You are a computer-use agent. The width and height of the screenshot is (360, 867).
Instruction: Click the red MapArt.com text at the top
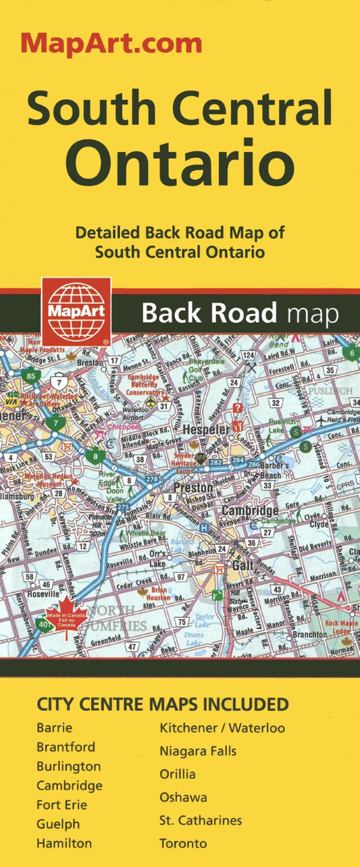pos(111,43)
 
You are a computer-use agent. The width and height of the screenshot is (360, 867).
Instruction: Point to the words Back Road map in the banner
pos(240,313)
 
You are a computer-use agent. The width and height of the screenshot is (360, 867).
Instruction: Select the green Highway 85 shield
pos(31,375)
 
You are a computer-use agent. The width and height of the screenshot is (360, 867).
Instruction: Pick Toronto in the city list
pos(183,843)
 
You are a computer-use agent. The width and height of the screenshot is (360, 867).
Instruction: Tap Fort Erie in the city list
pos(61,805)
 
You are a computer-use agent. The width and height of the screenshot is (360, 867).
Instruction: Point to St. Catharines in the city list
pos(200,820)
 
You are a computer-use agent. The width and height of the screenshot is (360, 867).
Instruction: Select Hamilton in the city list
pos(64,843)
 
